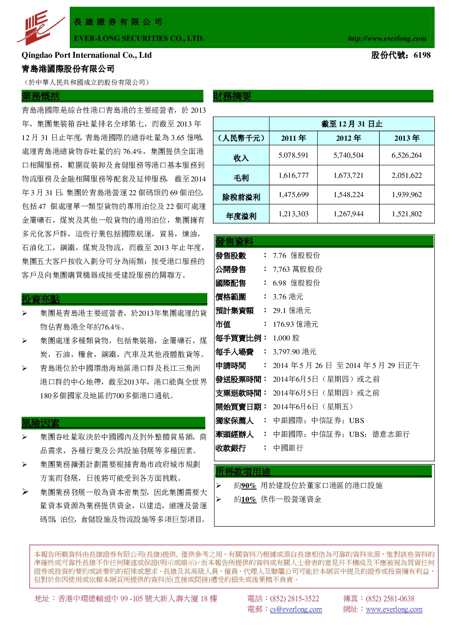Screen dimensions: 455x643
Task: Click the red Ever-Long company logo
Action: [x=40, y=27]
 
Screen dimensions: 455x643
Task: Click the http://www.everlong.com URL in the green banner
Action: [x=387, y=38]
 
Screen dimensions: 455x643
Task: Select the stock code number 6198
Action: [x=422, y=55]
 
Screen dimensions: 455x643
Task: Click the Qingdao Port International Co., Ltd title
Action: [x=87, y=55]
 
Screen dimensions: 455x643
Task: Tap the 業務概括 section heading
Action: [x=40, y=96]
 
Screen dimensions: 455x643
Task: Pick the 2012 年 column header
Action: [x=348, y=138]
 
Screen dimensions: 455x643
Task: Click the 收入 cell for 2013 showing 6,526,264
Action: [x=406, y=155]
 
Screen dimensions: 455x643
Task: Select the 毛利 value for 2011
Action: [x=293, y=175]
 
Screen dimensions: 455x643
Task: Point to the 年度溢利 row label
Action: [x=241, y=216]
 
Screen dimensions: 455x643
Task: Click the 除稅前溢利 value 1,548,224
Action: [x=348, y=195]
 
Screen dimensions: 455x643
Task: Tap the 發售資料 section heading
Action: [x=234, y=242]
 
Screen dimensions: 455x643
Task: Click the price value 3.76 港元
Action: [x=288, y=297]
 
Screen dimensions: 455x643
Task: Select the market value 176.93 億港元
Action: [x=295, y=324]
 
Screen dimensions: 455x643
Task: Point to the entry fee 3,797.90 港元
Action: [x=294, y=352]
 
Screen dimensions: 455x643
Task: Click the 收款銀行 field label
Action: [x=231, y=448]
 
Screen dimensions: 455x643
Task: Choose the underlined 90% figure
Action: [x=249, y=485]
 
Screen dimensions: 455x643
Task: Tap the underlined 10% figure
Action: [x=249, y=499]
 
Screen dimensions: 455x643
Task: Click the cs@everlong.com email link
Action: [x=296, y=609]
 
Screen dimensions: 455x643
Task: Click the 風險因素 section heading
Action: [x=40, y=423]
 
